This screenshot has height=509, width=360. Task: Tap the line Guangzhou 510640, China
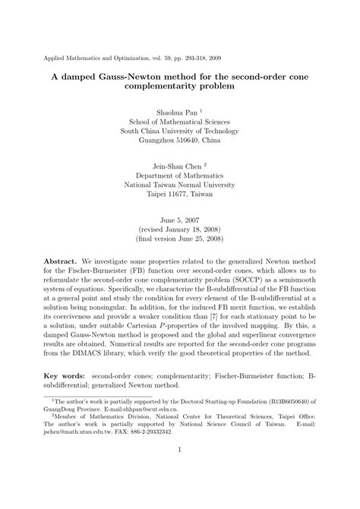(181, 141)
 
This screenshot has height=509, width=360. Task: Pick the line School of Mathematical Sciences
(181, 119)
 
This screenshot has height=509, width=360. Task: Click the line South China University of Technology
(181, 130)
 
